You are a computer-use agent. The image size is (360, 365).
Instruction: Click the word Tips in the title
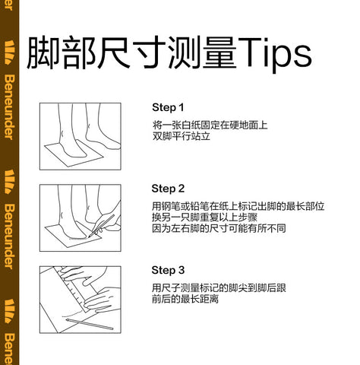(x=275, y=54)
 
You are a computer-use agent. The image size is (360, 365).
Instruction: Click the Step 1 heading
(x=168, y=107)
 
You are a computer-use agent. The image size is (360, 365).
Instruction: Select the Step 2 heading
(x=168, y=189)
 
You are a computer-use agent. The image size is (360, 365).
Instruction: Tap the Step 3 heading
(x=168, y=270)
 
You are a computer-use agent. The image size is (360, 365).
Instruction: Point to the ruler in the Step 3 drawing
(x=74, y=289)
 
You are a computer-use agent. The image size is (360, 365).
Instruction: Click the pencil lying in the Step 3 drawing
(x=90, y=324)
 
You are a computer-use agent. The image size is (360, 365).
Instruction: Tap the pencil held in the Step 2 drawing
(x=101, y=226)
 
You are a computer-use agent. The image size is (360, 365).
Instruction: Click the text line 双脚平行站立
(x=182, y=136)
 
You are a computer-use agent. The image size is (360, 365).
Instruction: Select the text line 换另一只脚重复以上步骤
(x=204, y=217)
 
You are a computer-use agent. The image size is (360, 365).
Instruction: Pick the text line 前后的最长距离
(x=185, y=299)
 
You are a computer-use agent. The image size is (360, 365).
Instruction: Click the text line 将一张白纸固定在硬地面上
(x=210, y=125)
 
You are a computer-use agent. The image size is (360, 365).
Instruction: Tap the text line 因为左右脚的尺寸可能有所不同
(x=219, y=228)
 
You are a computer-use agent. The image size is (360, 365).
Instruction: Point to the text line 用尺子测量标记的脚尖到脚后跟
(x=219, y=288)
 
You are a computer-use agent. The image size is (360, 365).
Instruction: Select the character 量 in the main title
(x=219, y=52)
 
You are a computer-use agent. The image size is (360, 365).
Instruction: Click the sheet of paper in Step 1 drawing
(x=74, y=154)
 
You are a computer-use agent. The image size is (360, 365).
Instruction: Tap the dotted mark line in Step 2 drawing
(x=78, y=239)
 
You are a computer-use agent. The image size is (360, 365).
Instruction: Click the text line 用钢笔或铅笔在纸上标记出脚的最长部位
(x=238, y=206)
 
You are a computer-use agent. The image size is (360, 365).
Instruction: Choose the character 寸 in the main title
(x=150, y=52)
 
